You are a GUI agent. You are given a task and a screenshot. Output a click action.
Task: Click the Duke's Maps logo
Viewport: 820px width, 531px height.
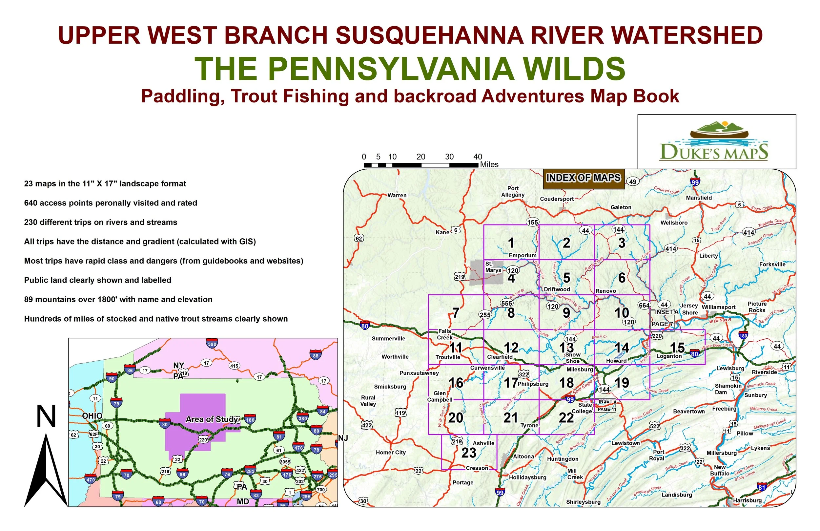click(x=713, y=141)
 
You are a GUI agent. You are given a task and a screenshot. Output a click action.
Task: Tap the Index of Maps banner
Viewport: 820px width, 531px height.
click(x=583, y=178)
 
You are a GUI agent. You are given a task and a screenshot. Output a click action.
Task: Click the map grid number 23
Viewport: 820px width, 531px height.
click(x=469, y=453)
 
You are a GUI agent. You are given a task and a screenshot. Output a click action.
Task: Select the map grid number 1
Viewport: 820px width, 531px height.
click(x=511, y=243)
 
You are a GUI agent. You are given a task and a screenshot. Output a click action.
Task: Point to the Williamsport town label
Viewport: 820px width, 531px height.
click(x=718, y=307)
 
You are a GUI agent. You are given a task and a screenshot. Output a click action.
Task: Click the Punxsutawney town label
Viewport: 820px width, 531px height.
click(x=419, y=373)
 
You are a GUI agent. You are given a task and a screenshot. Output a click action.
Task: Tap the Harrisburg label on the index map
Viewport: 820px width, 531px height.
click(x=747, y=500)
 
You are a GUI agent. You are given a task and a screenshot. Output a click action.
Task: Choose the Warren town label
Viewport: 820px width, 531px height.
click(x=397, y=196)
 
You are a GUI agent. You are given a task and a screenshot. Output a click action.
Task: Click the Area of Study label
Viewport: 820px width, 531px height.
click(x=212, y=419)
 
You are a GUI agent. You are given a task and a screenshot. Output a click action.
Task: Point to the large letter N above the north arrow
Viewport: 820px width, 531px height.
click(x=46, y=416)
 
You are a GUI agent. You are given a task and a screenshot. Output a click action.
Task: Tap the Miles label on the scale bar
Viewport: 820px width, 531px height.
click(x=489, y=165)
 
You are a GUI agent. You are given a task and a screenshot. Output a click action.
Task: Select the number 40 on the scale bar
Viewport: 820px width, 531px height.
click(x=478, y=157)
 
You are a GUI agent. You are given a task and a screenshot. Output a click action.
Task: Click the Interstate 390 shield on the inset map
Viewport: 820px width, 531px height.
click(x=212, y=344)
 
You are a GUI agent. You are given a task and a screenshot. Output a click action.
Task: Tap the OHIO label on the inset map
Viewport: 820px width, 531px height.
click(x=92, y=416)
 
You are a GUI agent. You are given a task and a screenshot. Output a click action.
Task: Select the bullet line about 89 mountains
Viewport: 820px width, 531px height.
click(x=118, y=300)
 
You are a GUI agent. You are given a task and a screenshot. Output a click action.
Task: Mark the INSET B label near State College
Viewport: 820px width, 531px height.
click(x=607, y=401)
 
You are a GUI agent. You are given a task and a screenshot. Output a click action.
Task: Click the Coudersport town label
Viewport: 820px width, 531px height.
click(x=557, y=199)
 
